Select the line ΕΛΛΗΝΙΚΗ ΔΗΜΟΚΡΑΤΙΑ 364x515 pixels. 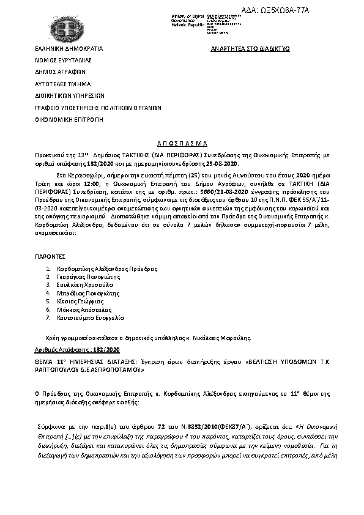[x=69, y=48]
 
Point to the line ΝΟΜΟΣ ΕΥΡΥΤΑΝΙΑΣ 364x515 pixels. [x=62, y=61]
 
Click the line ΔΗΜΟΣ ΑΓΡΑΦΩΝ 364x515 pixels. [x=60, y=72]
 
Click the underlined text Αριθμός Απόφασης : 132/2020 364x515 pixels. [x=77, y=349]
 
